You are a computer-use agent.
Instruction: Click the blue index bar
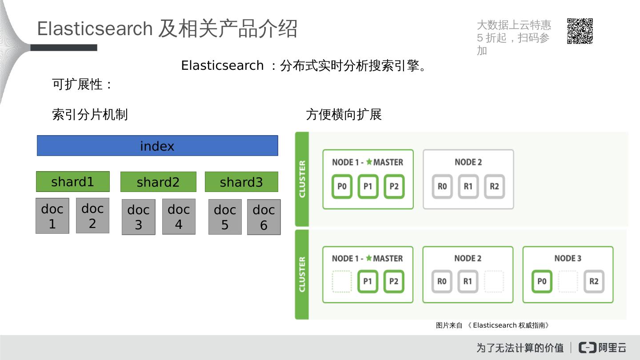click(x=157, y=146)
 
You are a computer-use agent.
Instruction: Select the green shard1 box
click(x=73, y=182)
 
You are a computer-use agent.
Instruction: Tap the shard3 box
click(x=241, y=182)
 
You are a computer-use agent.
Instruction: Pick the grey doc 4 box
click(x=179, y=216)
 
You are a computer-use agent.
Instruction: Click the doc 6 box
click(x=264, y=217)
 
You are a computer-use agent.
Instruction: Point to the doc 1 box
click(x=52, y=216)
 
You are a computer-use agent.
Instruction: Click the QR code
click(x=580, y=31)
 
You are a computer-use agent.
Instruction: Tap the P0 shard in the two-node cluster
click(x=342, y=186)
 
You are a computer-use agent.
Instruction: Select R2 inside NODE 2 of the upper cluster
click(x=494, y=186)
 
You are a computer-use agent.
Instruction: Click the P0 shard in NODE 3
click(x=542, y=281)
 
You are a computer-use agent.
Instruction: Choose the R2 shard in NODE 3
click(x=594, y=281)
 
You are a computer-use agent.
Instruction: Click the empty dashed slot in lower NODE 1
click(x=342, y=281)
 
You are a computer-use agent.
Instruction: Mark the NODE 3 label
click(x=568, y=258)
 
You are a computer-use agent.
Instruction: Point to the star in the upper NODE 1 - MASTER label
click(x=369, y=162)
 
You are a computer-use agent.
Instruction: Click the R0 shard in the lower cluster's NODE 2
click(x=442, y=281)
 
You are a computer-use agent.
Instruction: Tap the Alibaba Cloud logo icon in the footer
click(x=588, y=347)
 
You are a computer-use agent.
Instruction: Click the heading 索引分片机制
click(x=90, y=115)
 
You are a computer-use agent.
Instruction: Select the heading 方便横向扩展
click(x=344, y=115)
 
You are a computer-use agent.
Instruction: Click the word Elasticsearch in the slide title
click(x=95, y=29)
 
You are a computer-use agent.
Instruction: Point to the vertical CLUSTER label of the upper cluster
click(x=302, y=179)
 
